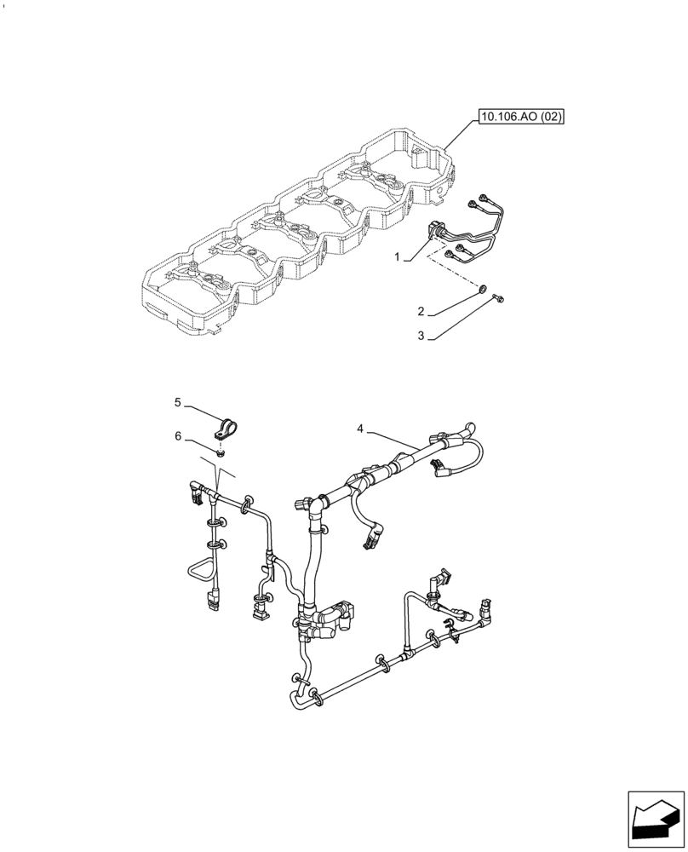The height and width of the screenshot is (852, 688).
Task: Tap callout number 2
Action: [x=420, y=312]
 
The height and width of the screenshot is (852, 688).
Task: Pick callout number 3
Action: [x=420, y=337]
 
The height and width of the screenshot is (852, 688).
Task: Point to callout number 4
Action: [x=361, y=429]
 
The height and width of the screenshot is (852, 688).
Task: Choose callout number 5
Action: [x=178, y=401]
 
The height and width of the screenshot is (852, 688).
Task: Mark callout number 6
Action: [x=178, y=435]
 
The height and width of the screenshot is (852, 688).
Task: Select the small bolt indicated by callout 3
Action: [x=498, y=298]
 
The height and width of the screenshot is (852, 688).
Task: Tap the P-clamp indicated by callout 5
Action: [x=227, y=425]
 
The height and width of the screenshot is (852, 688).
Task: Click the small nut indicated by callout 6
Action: [x=221, y=454]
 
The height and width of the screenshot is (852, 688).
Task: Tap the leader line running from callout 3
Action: [x=460, y=318]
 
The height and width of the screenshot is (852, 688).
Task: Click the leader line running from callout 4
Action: [x=392, y=440]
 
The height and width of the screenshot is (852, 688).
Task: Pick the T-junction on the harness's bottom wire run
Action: [x=406, y=652]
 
